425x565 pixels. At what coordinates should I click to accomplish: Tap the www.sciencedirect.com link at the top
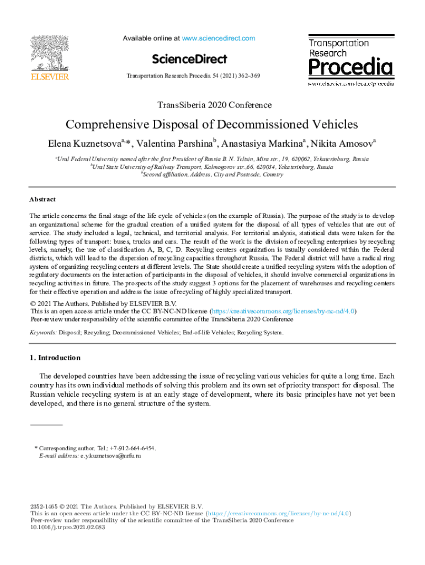tap(219, 39)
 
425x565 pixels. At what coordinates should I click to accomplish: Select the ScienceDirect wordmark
tap(189, 58)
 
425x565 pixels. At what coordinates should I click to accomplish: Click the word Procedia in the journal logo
tap(350, 68)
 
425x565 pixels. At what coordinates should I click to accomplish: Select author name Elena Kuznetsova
tap(84, 145)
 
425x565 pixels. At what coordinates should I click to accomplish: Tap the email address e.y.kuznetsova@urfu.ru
tap(111, 456)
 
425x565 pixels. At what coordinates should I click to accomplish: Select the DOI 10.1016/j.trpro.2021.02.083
tap(67, 527)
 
